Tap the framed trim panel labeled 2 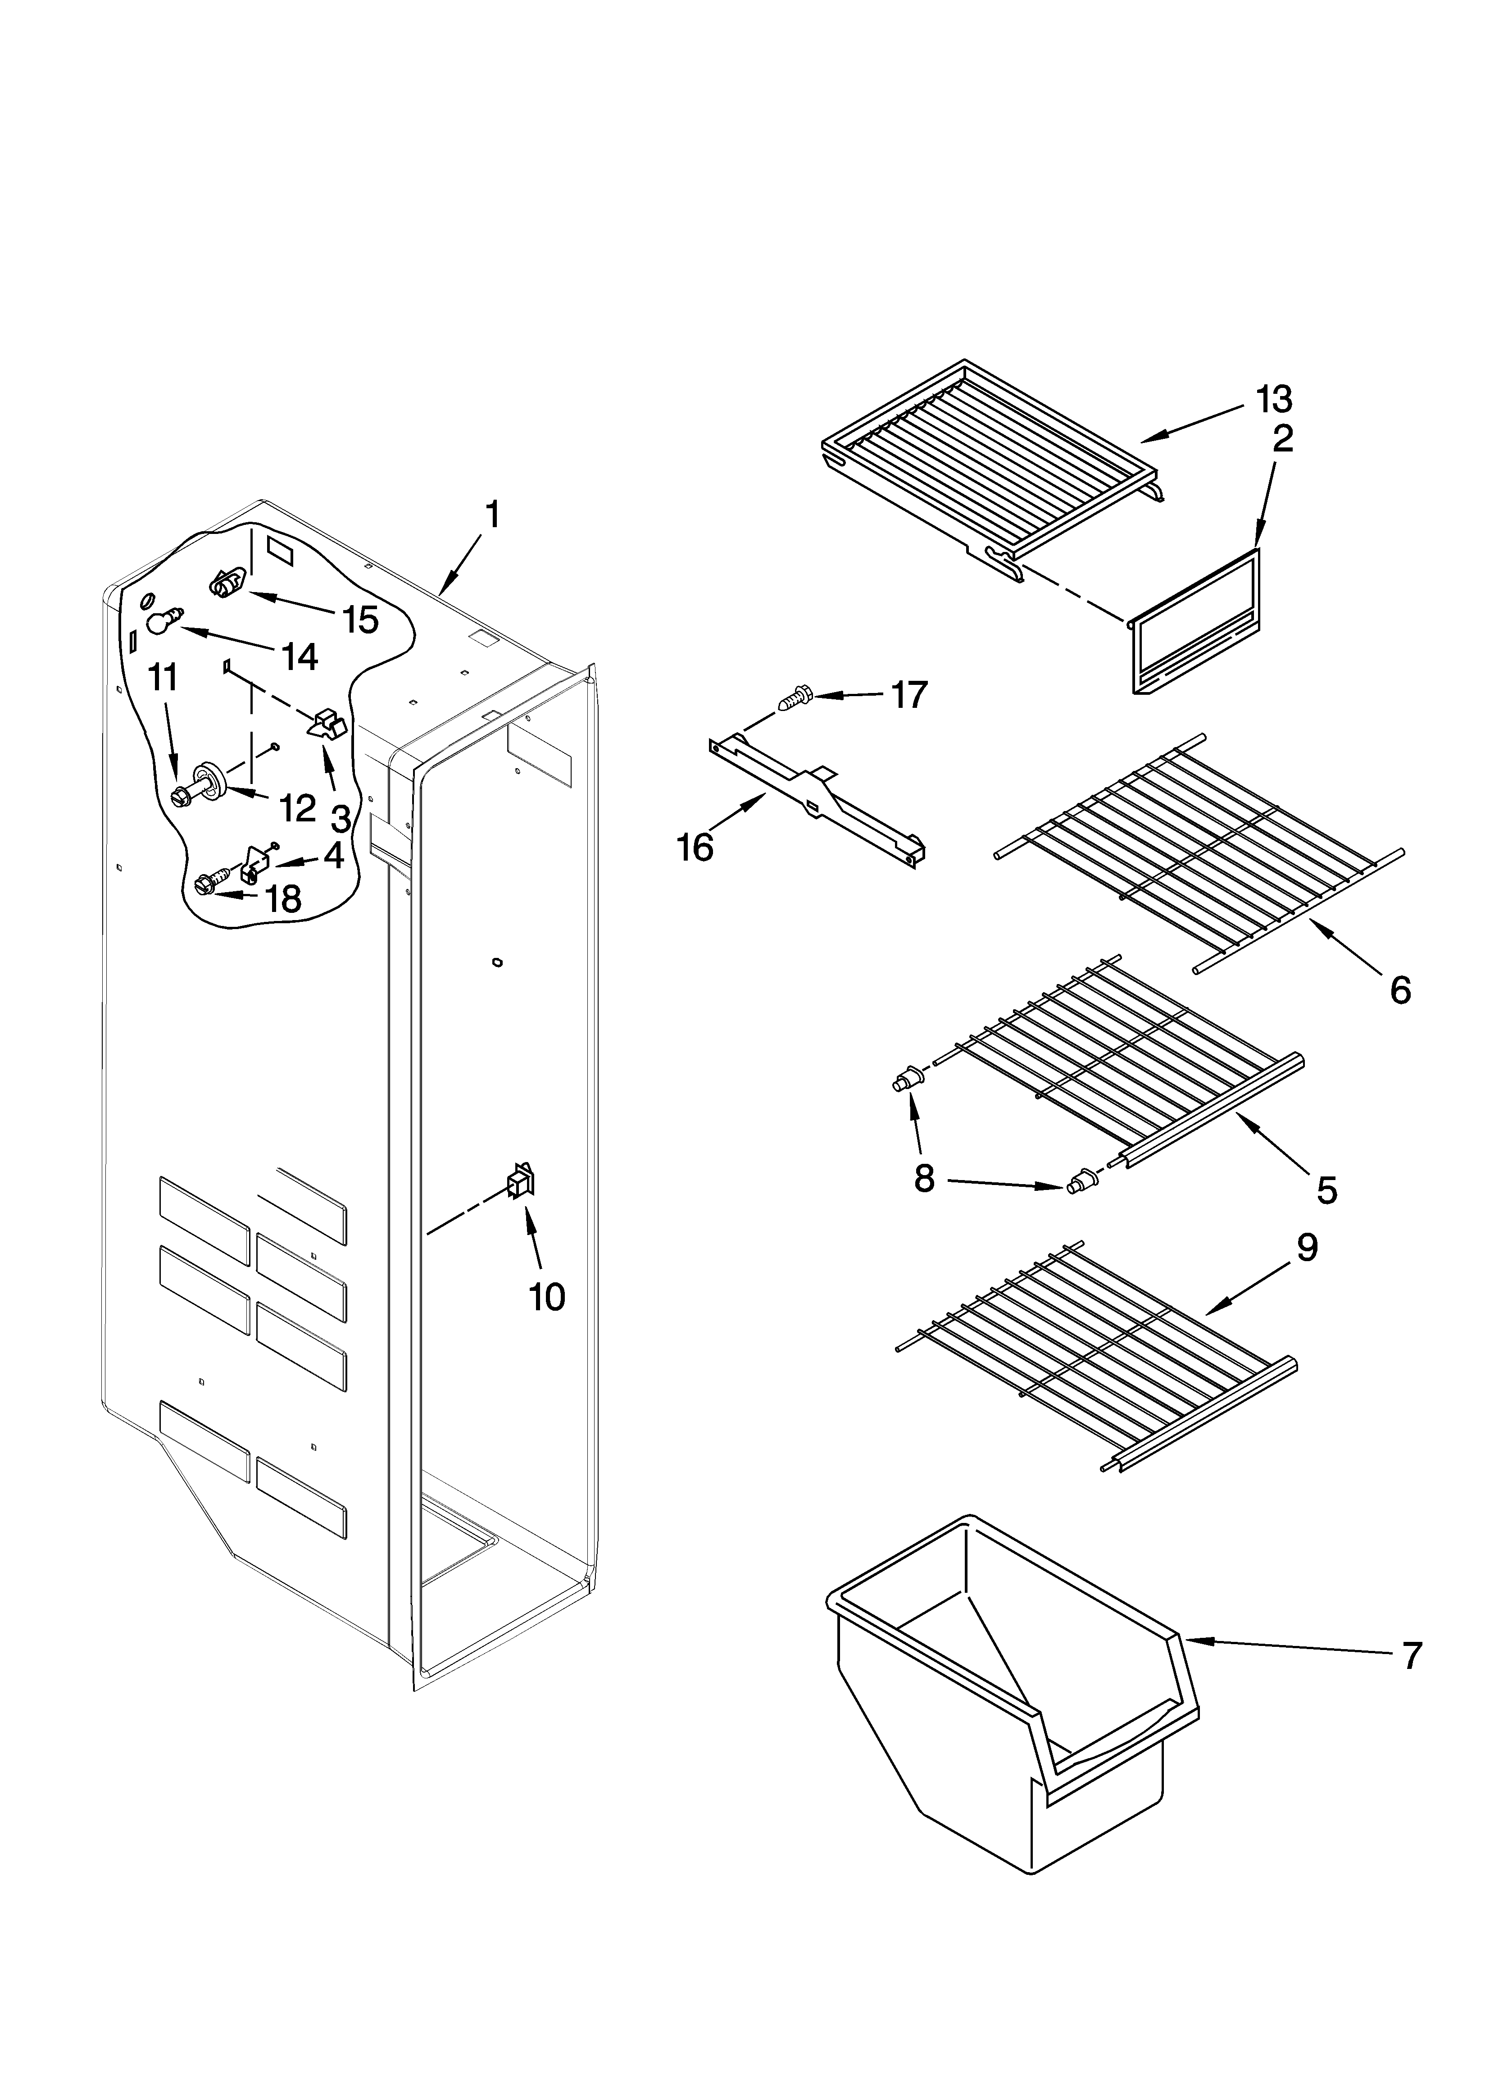click(x=1194, y=623)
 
